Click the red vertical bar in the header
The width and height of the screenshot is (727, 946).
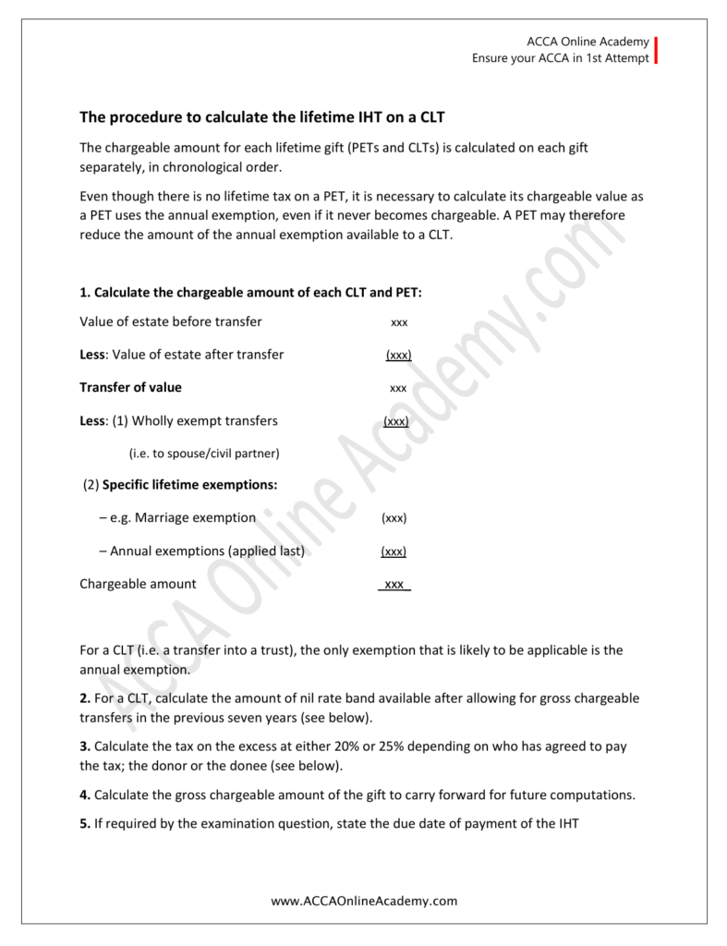(x=656, y=50)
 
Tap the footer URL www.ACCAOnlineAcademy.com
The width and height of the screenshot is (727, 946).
(x=364, y=900)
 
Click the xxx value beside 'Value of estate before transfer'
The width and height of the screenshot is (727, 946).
(x=399, y=322)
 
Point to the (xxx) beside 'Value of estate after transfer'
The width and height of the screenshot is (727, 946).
(x=398, y=355)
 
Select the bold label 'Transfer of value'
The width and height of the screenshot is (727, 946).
(x=130, y=387)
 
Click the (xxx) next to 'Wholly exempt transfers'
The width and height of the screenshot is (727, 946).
(x=396, y=421)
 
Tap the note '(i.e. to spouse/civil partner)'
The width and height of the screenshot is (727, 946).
(x=203, y=454)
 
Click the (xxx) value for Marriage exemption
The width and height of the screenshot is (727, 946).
(x=394, y=518)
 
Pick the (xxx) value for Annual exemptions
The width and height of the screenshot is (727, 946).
(x=394, y=552)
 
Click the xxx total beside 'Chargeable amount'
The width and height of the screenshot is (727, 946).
(x=394, y=584)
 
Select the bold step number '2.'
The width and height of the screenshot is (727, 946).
(x=85, y=698)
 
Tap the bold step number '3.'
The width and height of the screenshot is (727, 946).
(x=85, y=746)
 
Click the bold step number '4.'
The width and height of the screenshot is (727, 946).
(x=85, y=794)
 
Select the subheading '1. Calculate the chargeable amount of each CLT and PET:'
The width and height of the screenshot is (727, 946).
(x=250, y=292)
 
